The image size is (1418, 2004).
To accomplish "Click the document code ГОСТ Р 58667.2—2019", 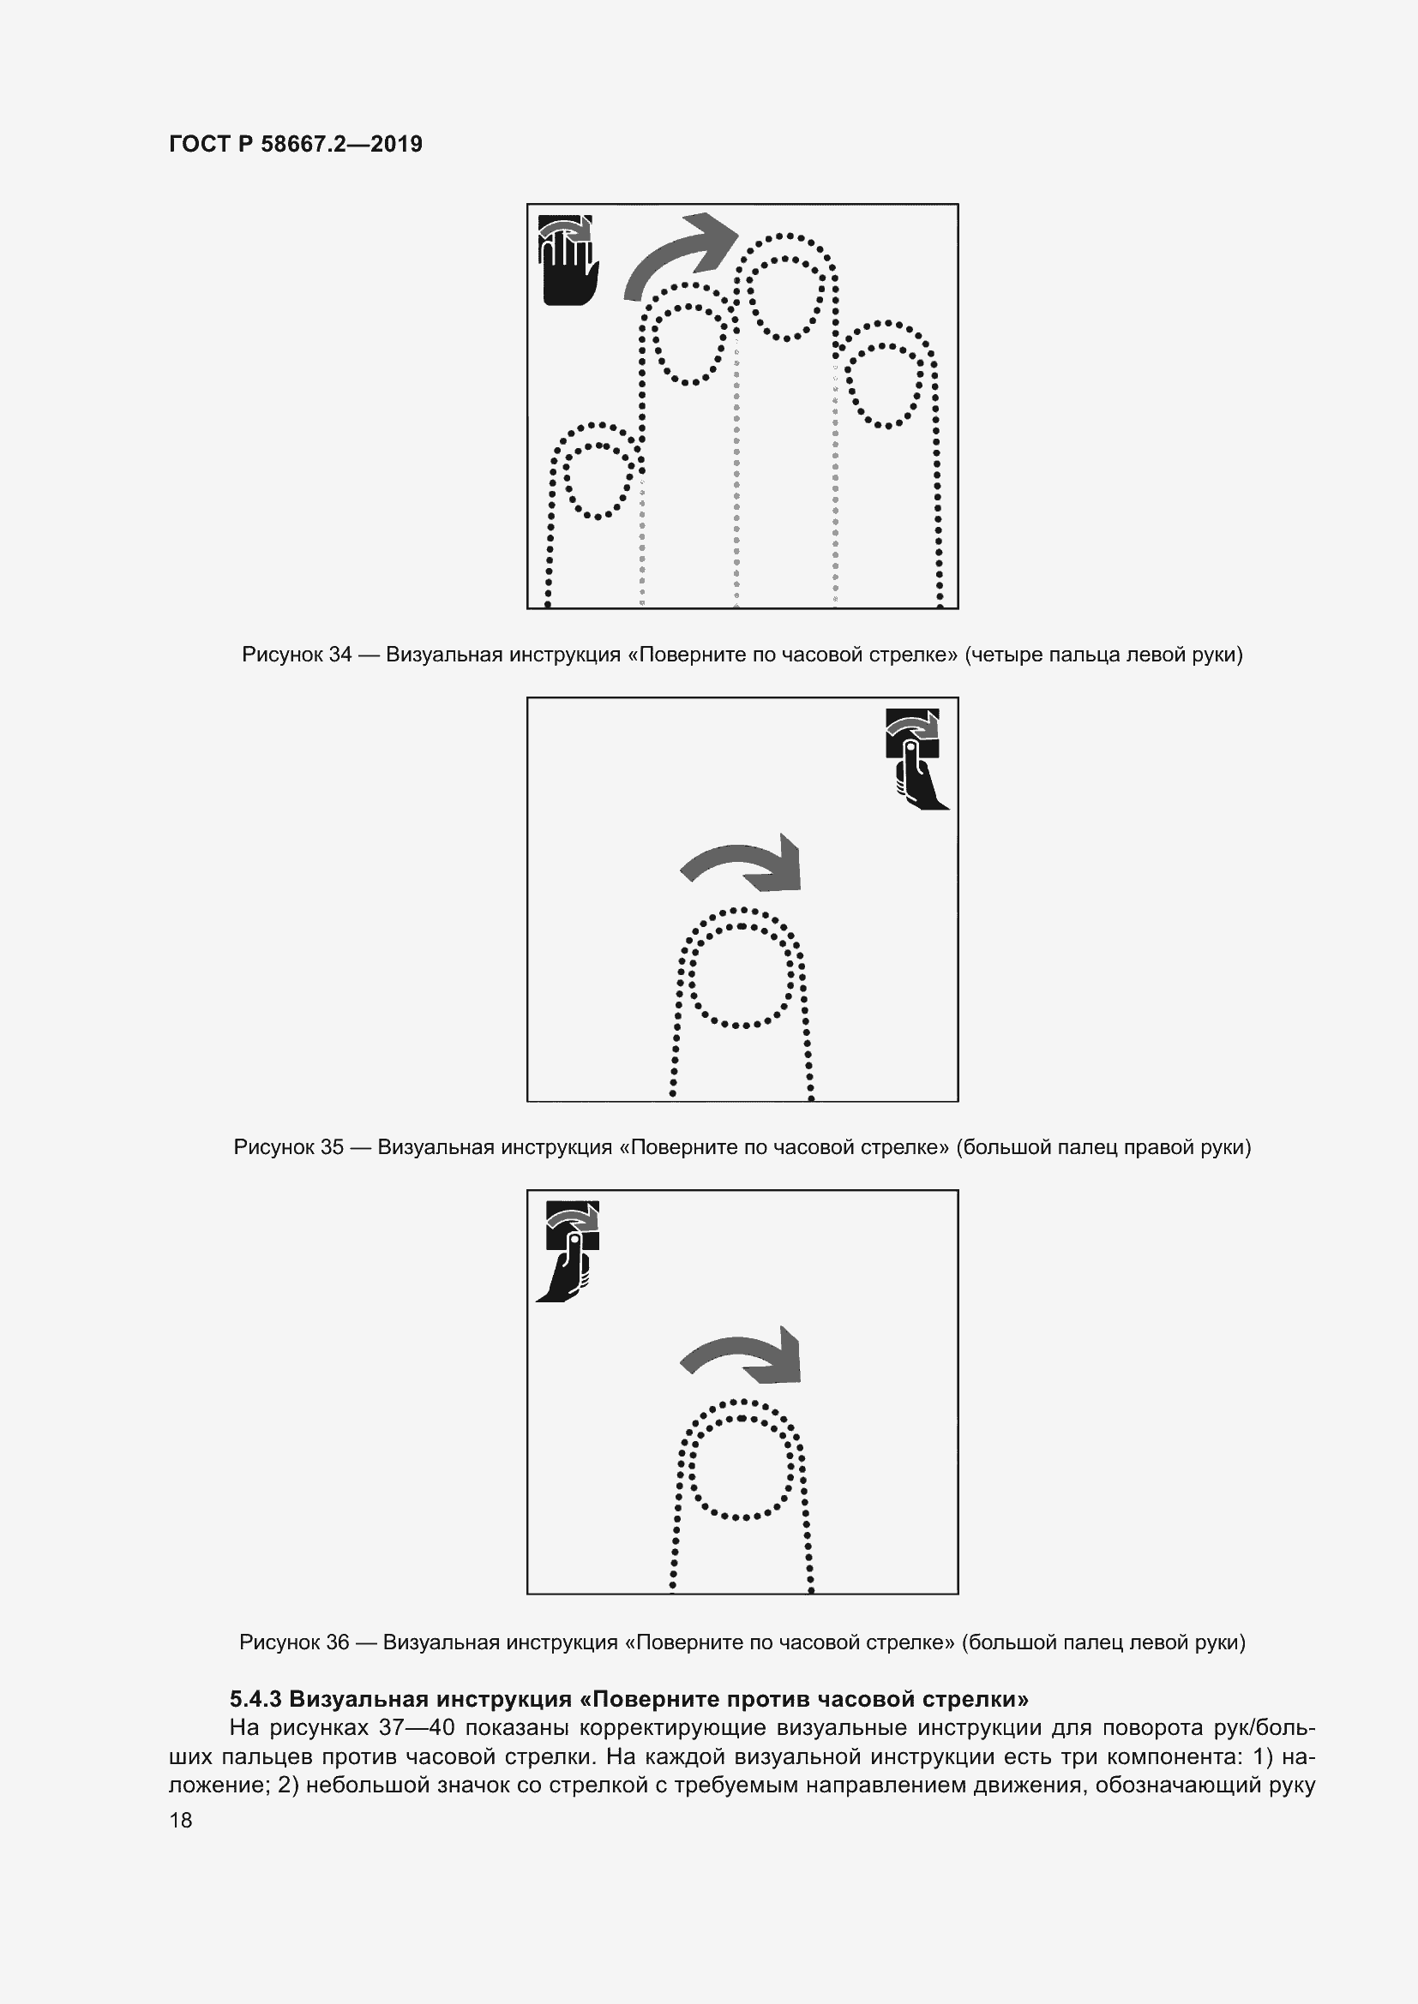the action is (295, 144).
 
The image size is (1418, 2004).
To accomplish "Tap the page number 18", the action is (181, 1820).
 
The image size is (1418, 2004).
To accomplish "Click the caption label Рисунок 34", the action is (297, 654).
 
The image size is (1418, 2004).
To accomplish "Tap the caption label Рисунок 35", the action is (289, 1147).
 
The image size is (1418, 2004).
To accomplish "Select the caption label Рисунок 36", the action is (294, 1642).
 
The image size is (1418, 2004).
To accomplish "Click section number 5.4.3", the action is (255, 1698).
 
